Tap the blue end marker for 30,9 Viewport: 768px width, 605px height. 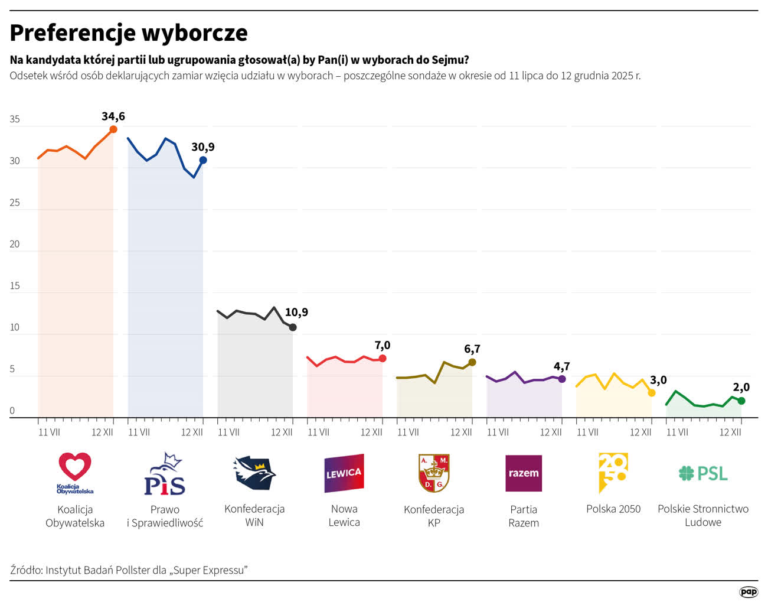203,160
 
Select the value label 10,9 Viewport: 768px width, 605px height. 296,313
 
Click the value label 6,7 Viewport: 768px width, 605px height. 472,349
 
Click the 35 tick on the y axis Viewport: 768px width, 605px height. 15,119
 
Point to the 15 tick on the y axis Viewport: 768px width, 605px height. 15,286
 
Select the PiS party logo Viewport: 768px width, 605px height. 165,474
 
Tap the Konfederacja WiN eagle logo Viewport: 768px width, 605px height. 254,473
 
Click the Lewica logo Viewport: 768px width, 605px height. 344,473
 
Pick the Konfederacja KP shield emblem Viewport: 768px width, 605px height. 434,473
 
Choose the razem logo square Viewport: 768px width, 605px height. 524,473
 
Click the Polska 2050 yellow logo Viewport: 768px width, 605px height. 613,472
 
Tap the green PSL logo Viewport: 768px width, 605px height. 703,473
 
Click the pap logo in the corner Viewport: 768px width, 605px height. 749,592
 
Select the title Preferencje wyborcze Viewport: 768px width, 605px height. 129,33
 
